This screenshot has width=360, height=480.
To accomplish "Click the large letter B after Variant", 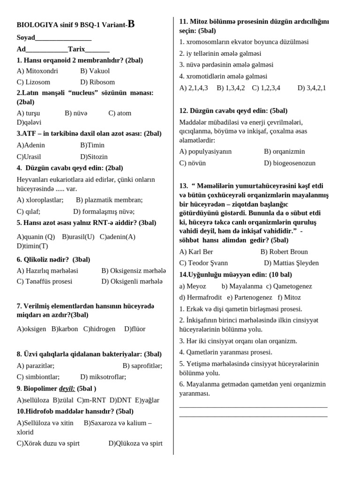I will point(131,24).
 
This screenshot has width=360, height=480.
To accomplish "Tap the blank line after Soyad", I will point(63,38).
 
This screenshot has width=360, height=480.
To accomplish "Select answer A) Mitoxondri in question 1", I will point(37,71).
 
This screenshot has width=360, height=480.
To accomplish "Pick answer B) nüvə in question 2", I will point(76,113).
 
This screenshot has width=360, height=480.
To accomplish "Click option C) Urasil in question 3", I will point(29,157).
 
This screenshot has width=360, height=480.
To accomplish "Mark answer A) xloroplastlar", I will point(40,200).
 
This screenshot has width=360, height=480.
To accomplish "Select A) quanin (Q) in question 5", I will point(36,237).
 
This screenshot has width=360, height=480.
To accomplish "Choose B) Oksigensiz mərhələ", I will point(134,270).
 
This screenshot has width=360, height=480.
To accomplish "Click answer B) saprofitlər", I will point(142,366).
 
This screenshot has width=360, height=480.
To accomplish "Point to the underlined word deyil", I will point(67,389).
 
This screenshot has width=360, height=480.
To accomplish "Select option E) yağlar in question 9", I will point(147,400).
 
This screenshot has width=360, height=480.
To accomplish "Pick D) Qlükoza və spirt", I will point(135,443).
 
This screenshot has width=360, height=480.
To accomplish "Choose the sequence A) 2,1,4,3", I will point(194,88).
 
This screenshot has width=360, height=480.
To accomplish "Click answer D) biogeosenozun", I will point(290,163).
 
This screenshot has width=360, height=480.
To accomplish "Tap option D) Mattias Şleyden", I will point(291,263).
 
